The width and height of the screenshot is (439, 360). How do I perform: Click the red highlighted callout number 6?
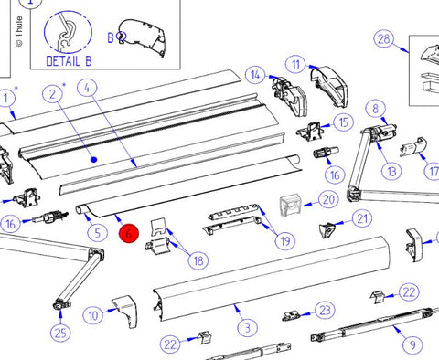(x=129, y=234)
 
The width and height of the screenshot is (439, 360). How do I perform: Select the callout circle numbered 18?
(x=198, y=260)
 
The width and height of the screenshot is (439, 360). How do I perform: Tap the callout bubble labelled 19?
(x=285, y=241)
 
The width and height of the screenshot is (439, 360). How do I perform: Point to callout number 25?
(x=60, y=332)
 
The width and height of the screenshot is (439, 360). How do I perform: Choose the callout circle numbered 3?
(x=247, y=328)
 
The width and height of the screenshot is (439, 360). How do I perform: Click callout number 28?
(x=384, y=38)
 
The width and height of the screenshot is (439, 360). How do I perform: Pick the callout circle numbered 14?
(x=255, y=75)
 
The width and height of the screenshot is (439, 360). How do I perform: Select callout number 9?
(x=412, y=344)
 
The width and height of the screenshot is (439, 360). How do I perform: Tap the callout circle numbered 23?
(x=325, y=310)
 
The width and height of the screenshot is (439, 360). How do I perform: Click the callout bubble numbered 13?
(x=391, y=172)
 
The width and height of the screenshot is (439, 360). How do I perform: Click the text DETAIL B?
(x=69, y=61)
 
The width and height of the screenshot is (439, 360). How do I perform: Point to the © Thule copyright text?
(x=19, y=31)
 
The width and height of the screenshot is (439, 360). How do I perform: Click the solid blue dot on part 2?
(x=94, y=159)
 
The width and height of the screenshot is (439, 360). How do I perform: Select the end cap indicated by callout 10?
(x=125, y=311)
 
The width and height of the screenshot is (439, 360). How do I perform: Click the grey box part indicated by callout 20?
(x=291, y=206)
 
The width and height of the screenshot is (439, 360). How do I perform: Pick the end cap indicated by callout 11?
(x=328, y=85)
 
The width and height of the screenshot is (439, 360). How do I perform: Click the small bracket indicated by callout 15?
(x=310, y=132)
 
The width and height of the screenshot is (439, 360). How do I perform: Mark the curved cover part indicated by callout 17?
(x=413, y=146)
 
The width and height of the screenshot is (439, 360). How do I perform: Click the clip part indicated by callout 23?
(x=292, y=315)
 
